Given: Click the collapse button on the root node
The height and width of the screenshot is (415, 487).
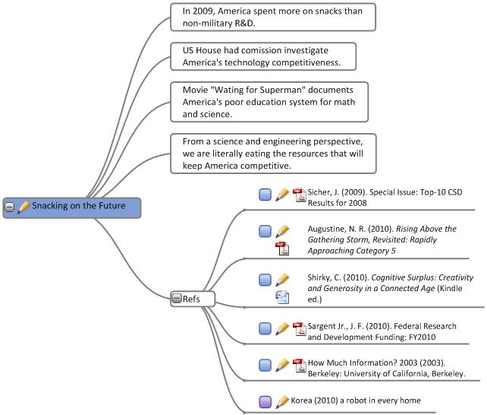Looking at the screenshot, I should point(9,207).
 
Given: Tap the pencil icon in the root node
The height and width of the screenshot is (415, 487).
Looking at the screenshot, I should point(23,207).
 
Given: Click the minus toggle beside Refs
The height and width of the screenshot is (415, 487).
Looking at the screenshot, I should point(176,299).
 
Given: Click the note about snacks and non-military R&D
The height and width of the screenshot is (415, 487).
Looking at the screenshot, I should point(272,17).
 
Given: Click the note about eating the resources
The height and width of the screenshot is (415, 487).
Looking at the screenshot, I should point(272,154).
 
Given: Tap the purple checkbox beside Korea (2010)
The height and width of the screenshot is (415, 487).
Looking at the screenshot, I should point(265,401).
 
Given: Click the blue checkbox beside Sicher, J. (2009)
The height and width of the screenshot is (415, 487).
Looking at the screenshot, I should point(265,195).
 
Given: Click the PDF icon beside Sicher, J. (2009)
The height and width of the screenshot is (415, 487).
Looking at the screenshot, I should point(298,195).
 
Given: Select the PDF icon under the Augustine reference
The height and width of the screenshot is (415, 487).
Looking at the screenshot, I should point(282,248).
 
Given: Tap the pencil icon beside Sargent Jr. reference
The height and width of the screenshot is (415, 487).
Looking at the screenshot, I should point(282,328).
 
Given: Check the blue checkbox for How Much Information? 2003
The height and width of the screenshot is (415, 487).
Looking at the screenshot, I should point(265,365).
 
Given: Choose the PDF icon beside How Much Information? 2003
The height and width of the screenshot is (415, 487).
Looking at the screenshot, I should point(298,365).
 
